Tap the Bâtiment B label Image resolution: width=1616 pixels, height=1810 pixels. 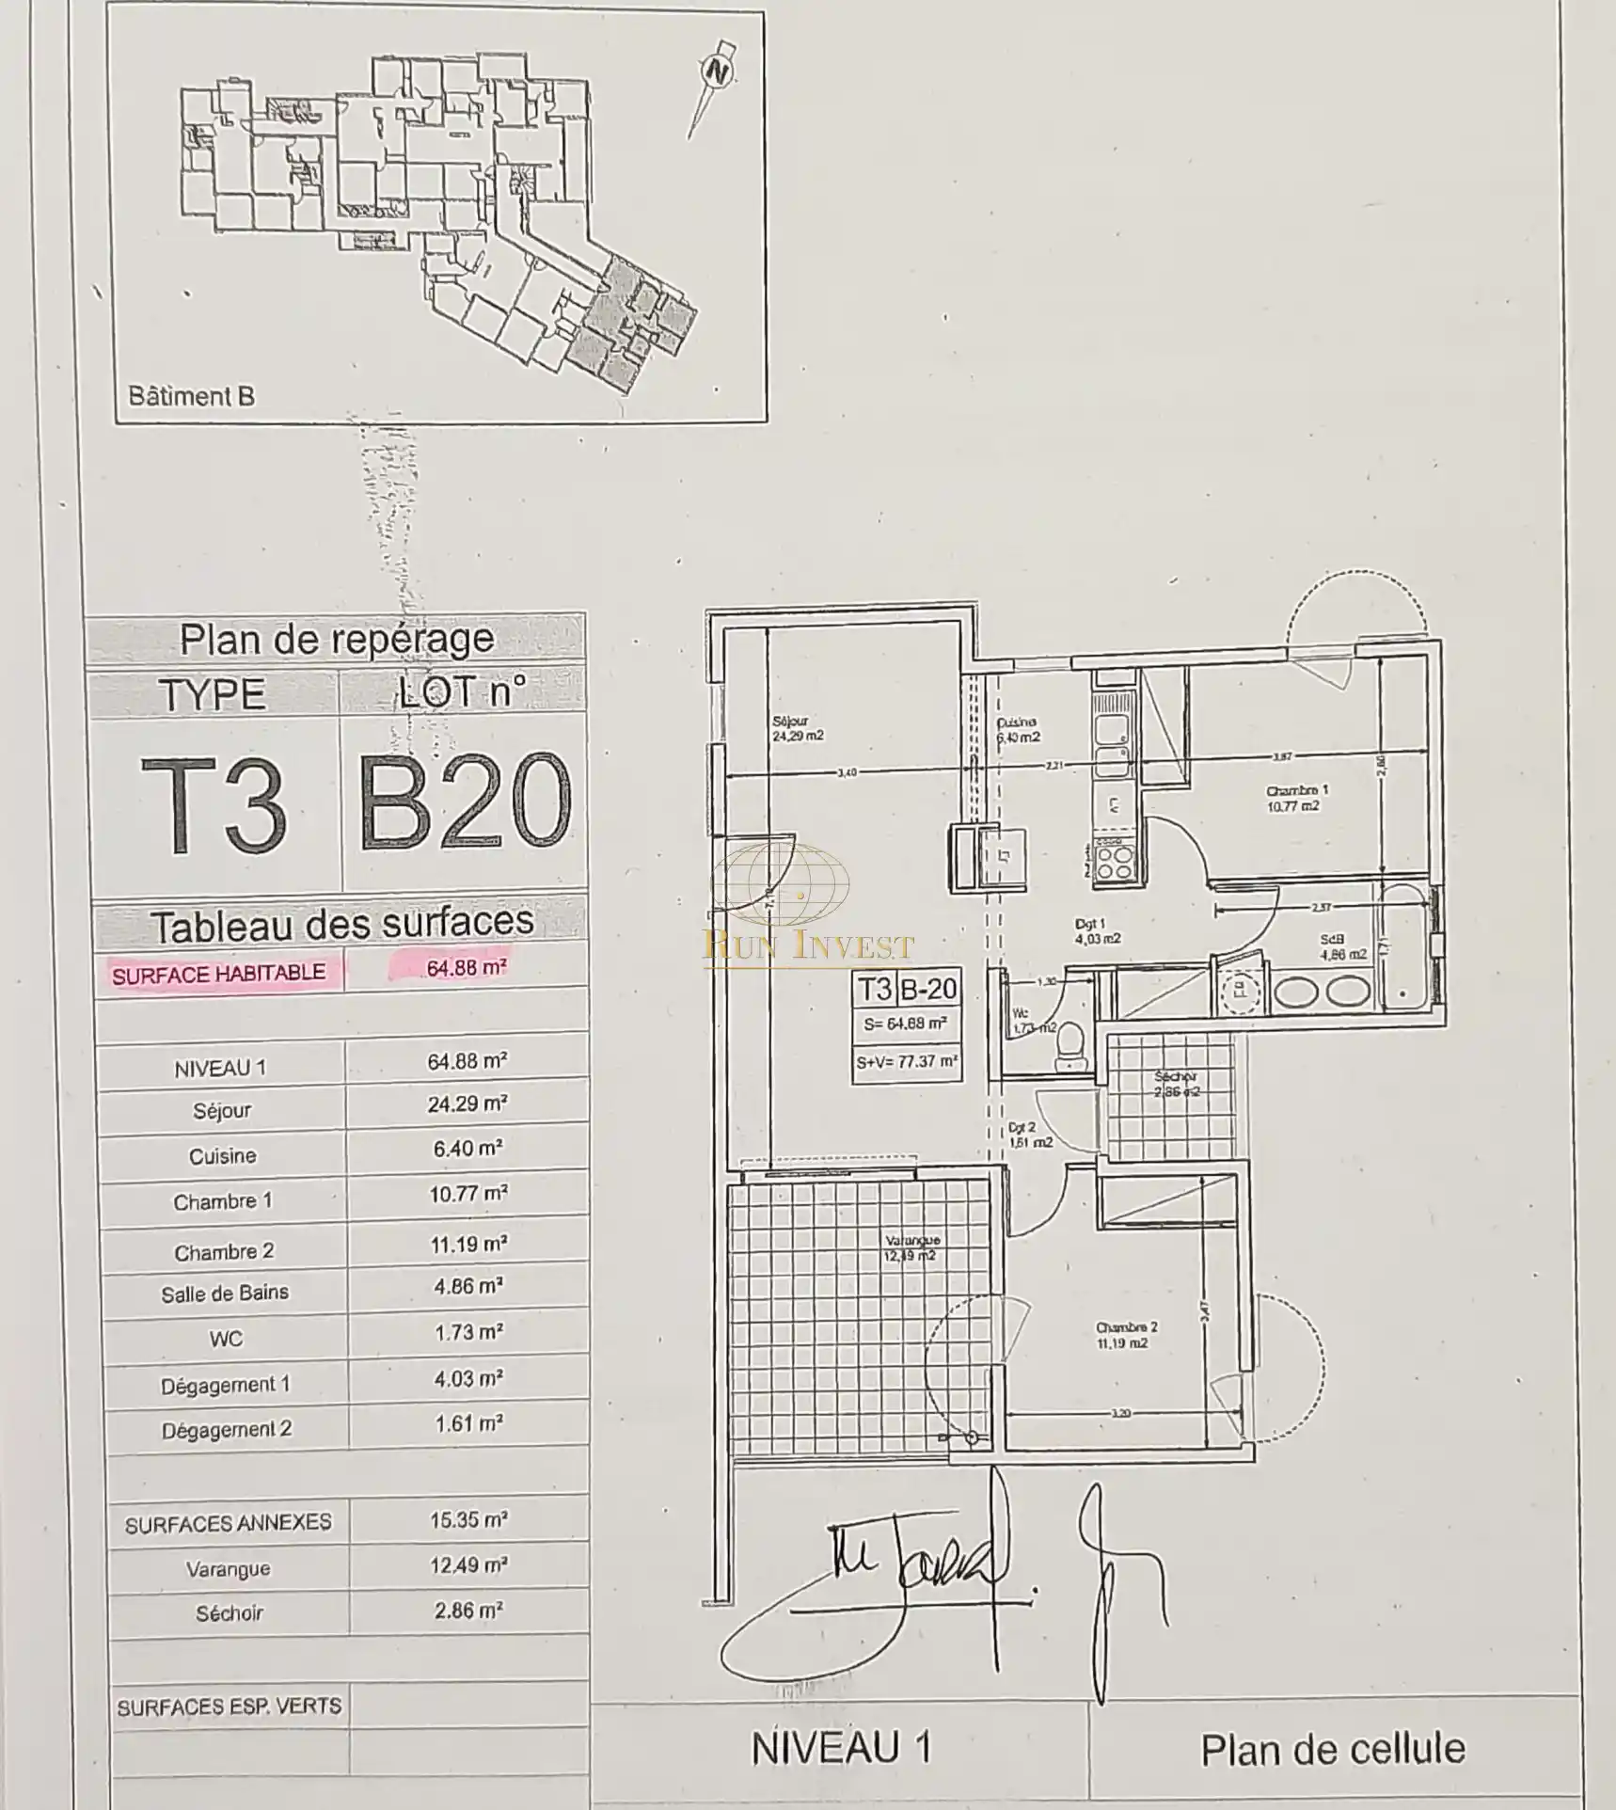coord(191,396)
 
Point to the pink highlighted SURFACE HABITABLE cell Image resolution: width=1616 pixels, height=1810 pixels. coord(218,974)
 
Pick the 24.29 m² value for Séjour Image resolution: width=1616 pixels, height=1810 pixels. coord(467,1103)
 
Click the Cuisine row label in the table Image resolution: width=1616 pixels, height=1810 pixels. coord(222,1155)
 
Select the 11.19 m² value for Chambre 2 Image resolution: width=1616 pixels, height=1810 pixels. coord(468,1245)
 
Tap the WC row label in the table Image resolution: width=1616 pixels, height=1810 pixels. coord(226,1338)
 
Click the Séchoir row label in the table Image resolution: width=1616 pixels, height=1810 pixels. coord(230,1612)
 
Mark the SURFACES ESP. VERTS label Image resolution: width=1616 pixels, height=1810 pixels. coord(229,1707)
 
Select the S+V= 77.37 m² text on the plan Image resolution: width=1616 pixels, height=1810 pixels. coord(907,1062)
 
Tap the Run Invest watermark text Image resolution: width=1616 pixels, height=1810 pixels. coord(808,945)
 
